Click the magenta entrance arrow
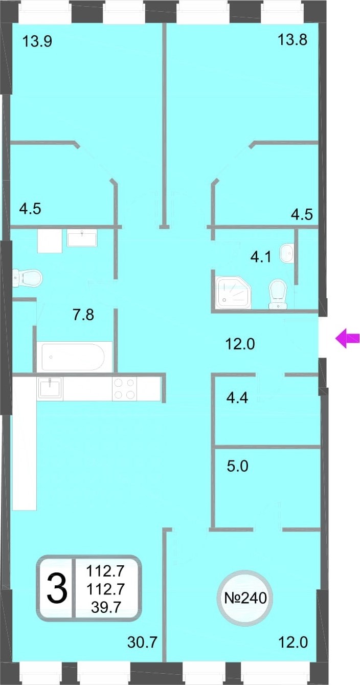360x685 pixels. (347, 338)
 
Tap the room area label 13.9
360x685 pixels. (37, 41)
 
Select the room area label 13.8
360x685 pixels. (292, 40)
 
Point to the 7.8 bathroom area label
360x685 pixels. (83, 315)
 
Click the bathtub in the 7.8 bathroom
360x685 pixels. (73, 357)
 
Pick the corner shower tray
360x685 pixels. (233, 292)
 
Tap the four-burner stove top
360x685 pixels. (124, 388)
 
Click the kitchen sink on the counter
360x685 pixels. (50, 388)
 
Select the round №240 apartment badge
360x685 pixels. (245, 598)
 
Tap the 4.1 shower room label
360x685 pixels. (261, 257)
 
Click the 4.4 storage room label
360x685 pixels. (237, 397)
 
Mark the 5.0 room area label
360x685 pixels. (237, 466)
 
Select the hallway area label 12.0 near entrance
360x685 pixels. (240, 344)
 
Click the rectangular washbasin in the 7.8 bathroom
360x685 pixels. (82, 239)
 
